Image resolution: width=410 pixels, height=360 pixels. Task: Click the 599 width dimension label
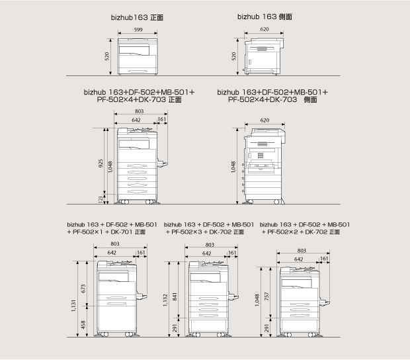point(138,30)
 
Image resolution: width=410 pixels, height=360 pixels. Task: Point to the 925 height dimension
point(101,163)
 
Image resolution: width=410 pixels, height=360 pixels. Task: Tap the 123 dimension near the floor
point(101,199)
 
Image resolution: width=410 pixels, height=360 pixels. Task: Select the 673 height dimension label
point(83,289)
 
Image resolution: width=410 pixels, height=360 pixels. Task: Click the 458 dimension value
point(83,325)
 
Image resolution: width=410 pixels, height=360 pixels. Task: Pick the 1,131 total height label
point(73,306)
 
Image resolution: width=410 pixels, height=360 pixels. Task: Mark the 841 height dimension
point(175,296)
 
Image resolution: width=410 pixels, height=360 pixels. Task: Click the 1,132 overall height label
point(165,300)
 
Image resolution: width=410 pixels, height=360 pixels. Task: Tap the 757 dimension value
point(266,296)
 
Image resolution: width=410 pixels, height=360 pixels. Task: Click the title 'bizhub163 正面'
point(137,17)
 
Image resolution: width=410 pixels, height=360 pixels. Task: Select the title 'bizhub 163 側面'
point(265,17)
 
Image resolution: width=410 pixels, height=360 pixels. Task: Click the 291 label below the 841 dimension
point(175,328)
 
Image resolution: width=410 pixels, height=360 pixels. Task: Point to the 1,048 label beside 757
point(257,300)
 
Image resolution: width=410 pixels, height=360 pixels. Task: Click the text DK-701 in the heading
point(122,232)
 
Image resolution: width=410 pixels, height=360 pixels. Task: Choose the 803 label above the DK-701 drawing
point(115,244)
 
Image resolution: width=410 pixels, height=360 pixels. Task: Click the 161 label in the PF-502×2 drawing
point(324,259)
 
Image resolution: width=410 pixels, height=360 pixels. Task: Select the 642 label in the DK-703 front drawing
point(136,120)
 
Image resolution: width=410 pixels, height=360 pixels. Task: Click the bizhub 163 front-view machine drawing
point(138,56)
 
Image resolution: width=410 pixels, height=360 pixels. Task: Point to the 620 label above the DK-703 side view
point(265,120)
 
